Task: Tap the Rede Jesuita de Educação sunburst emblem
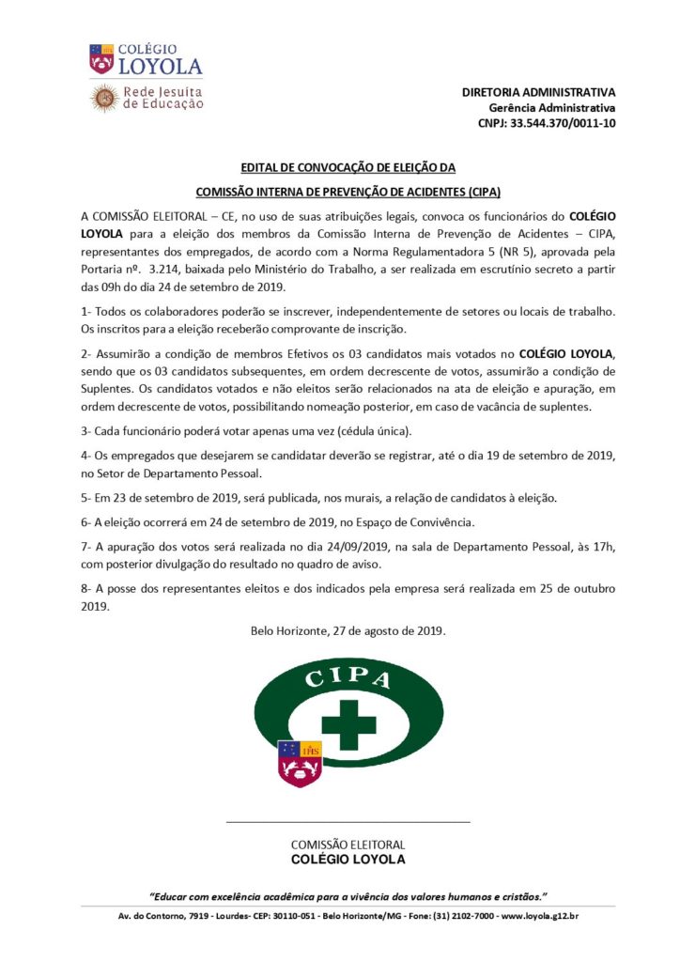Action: pyautogui.click(x=103, y=98)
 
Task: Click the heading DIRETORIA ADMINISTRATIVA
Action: pyautogui.click(x=538, y=92)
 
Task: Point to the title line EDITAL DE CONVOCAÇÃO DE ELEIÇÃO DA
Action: pyautogui.click(x=348, y=168)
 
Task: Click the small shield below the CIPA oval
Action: pyautogui.click(x=301, y=762)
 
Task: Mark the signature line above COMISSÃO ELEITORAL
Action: pyautogui.click(x=348, y=822)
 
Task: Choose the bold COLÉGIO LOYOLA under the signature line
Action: pyautogui.click(x=348, y=860)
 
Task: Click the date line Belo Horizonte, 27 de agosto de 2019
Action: pyautogui.click(x=348, y=631)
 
